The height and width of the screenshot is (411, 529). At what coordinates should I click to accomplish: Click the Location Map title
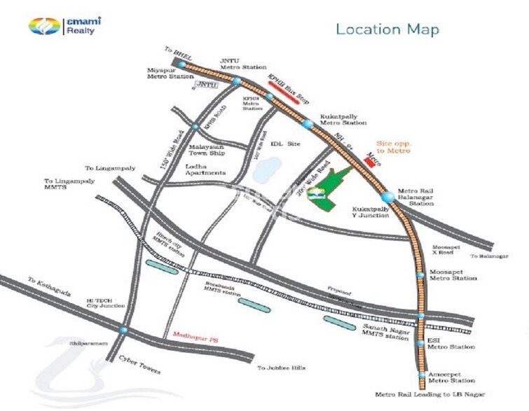pos(387,29)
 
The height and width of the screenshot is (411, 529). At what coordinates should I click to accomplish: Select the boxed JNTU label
pos(205,85)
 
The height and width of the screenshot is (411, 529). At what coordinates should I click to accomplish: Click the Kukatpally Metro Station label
pos(343,119)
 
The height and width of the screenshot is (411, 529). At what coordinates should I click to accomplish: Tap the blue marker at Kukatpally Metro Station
pos(308,124)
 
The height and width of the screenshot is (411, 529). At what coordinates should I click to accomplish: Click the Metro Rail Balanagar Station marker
pos(387,197)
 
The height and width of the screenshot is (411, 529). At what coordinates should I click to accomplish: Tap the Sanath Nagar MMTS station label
pos(385,332)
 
